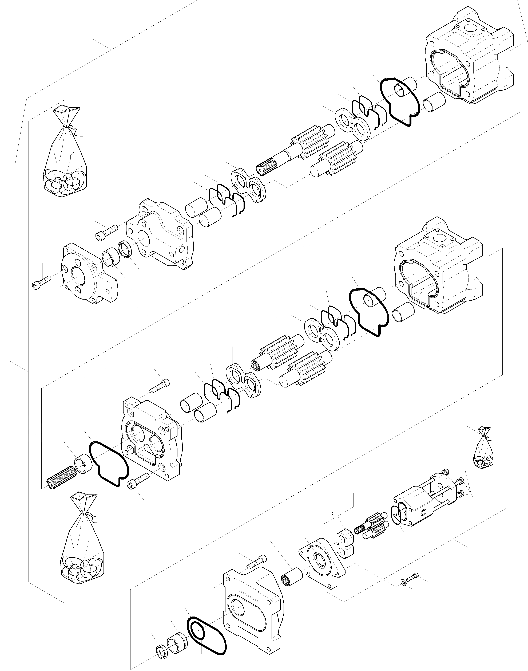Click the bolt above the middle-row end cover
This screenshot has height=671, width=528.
(160, 387)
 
